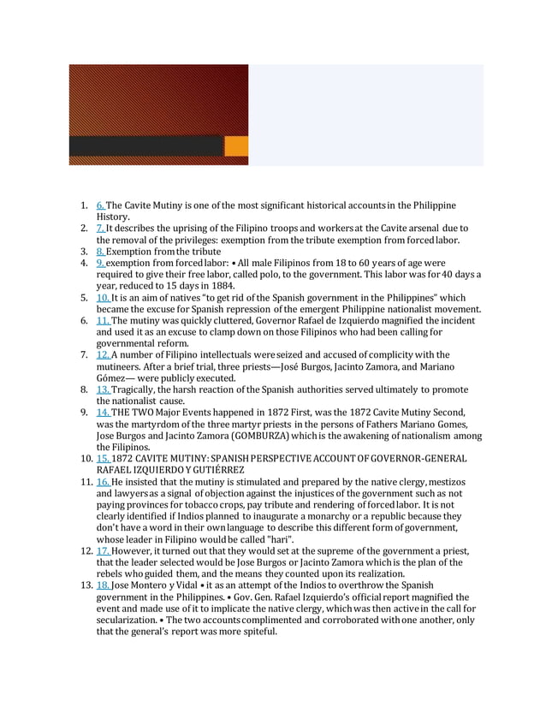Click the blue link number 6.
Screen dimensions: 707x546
click(x=100, y=206)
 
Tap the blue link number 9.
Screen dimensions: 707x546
click(x=100, y=264)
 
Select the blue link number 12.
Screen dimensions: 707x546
click(x=103, y=354)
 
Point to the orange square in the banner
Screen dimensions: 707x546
click(x=236, y=146)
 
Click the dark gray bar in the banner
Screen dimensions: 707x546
click(x=145, y=146)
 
